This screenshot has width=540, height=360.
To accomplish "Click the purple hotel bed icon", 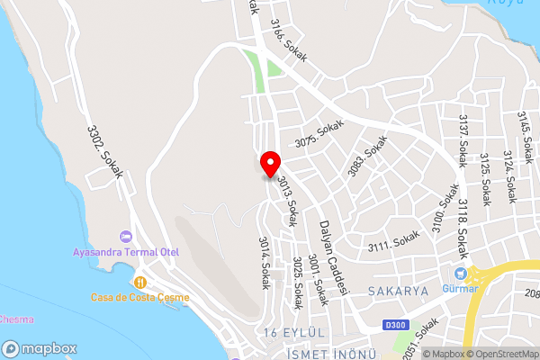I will coord(125,236).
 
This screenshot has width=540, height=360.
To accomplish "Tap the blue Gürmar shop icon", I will coord(461,274).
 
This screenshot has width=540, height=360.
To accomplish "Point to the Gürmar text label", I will coord(459,289).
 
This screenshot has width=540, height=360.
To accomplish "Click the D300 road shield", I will coord(390,325).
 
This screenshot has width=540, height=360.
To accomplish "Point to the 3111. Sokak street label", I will coord(391,245).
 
